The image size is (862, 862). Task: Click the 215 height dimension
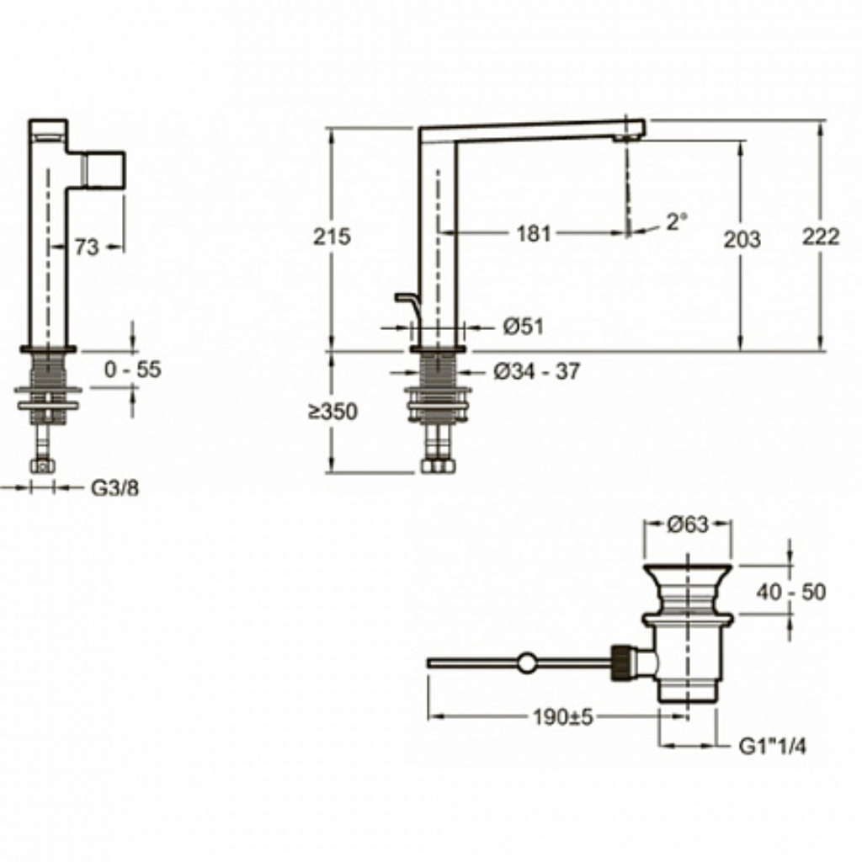[x=332, y=237]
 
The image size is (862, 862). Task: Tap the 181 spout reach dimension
[x=533, y=234]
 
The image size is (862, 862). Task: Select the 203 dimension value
[x=742, y=240]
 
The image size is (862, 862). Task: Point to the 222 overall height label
[x=820, y=237]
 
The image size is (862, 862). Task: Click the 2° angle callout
[x=677, y=222]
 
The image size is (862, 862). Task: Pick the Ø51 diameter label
[x=523, y=327]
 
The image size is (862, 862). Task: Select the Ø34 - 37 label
[x=536, y=371]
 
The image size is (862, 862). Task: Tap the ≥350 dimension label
[x=333, y=411]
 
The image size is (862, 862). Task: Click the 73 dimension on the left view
[x=87, y=247]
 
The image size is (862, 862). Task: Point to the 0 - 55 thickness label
[x=132, y=370]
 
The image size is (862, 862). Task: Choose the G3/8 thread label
[x=114, y=487]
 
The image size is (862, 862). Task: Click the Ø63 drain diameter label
[x=688, y=524]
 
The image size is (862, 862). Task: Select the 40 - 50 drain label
[x=790, y=592]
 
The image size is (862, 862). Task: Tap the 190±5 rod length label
[x=562, y=717]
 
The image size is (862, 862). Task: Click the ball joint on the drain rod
[x=527, y=662]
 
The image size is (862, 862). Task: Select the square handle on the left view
[x=104, y=169]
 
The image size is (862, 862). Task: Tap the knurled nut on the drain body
[x=620, y=662]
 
